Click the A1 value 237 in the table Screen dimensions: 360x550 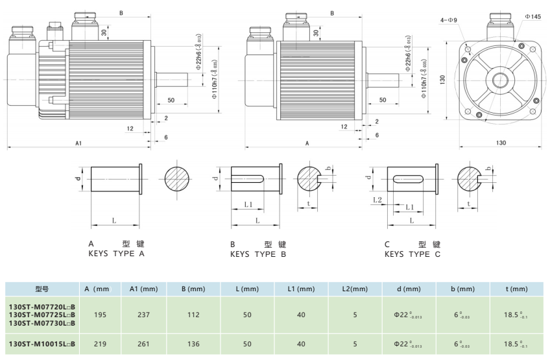(x=144, y=315)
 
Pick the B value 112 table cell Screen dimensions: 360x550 (x=194, y=315)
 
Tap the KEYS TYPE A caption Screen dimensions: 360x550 (x=116, y=254)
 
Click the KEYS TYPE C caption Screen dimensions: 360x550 (x=413, y=254)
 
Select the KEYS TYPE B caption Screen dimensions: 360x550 (x=258, y=254)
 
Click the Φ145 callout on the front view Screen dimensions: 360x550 (x=532, y=16)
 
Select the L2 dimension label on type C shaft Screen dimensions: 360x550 (x=377, y=200)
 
